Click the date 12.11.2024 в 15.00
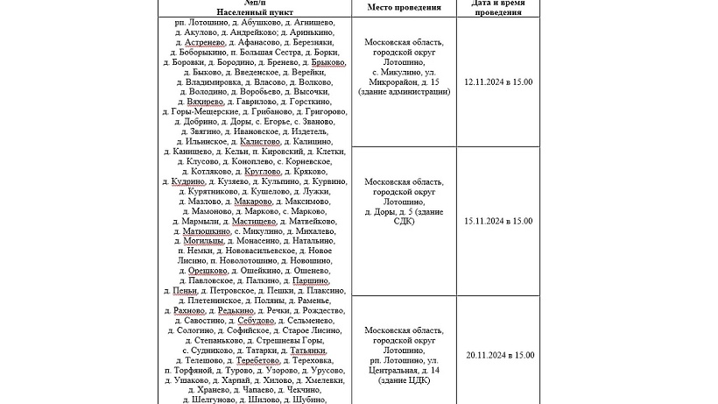(498, 82)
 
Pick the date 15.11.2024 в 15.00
(498, 221)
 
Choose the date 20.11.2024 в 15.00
(498, 355)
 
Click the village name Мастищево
(255, 222)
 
